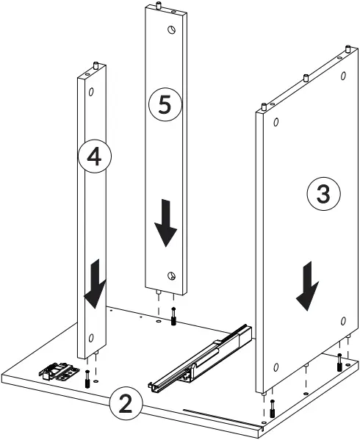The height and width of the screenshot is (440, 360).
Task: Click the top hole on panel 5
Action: tap(171, 30)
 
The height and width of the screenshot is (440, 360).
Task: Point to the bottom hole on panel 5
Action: tap(170, 275)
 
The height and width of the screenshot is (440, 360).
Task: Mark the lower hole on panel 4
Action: tap(92, 337)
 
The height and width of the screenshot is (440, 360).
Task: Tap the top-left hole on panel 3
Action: tap(275, 122)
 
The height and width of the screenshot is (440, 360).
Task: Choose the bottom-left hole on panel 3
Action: tap(275, 367)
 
